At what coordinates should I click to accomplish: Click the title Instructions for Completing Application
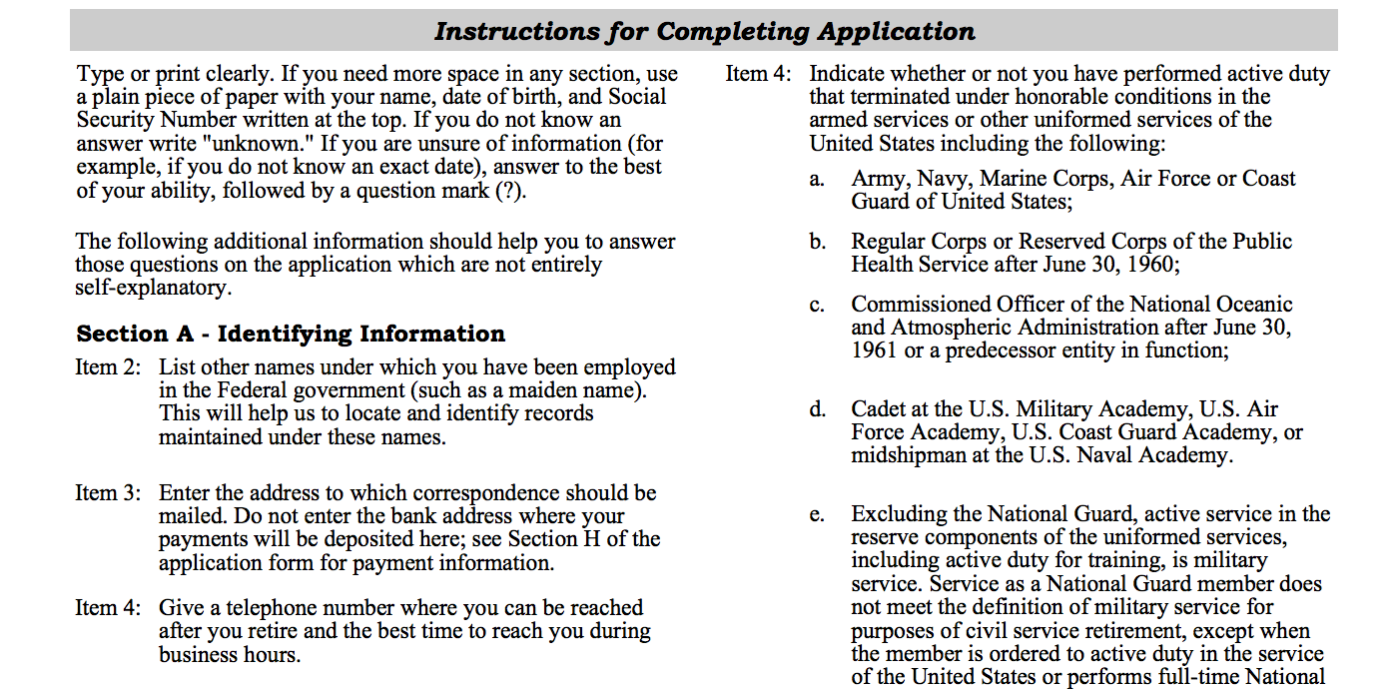[704, 31]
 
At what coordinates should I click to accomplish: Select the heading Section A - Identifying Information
[291, 334]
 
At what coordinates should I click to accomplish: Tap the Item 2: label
[108, 367]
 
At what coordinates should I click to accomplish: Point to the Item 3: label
[108, 493]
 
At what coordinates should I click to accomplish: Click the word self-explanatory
[152, 288]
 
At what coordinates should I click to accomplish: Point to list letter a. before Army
[817, 180]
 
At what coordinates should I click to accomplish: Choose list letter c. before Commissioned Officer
[817, 305]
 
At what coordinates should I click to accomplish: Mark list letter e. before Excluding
[817, 515]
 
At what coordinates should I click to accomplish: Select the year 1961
[875, 351]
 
